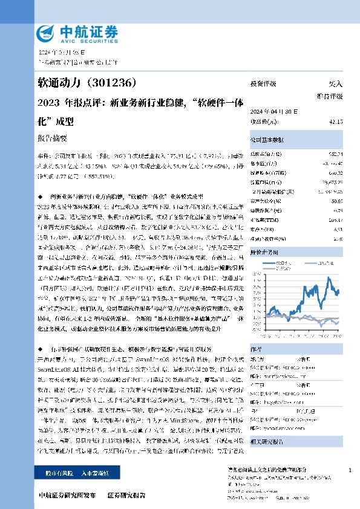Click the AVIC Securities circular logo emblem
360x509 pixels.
tap(47, 32)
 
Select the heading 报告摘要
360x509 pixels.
tap(51, 138)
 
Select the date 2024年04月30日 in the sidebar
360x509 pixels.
tap(273, 111)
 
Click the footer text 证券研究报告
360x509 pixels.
tap(126, 495)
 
